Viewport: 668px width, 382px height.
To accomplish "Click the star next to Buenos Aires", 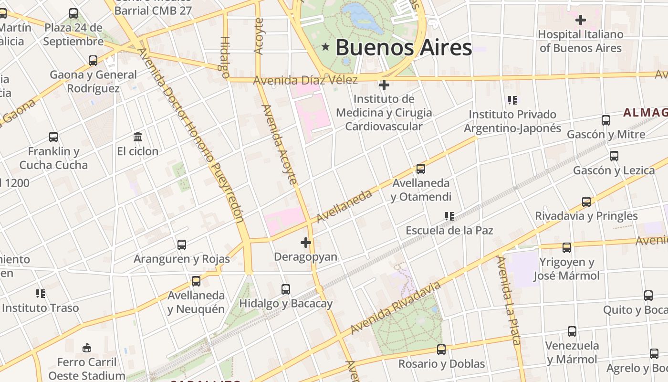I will [326, 47].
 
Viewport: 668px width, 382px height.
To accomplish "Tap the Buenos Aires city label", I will [404, 47].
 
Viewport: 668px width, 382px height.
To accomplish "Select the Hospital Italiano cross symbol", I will [581, 20].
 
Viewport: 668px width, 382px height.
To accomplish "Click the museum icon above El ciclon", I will [138, 137].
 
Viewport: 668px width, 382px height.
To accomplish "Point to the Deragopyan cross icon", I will [306, 243].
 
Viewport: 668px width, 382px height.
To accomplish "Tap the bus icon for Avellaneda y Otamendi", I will [420, 169].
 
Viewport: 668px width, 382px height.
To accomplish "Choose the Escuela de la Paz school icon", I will [449, 216].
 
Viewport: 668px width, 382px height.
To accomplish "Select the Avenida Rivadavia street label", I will [396, 308].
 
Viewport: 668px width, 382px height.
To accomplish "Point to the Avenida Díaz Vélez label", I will [305, 80].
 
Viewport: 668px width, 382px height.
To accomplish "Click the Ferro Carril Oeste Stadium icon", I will [86, 348].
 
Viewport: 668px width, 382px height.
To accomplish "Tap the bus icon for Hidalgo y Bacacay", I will [285, 289].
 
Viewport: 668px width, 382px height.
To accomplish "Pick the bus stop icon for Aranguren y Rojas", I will [181, 245].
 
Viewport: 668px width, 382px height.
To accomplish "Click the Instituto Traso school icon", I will [41, 294].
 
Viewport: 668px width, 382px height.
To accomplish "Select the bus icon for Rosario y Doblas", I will [441, 350].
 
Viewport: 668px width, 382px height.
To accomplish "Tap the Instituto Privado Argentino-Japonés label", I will [512, 121].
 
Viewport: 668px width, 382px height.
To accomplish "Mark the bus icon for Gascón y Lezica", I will [614, 156].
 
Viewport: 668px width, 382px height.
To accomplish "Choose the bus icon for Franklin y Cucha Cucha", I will [53, 138].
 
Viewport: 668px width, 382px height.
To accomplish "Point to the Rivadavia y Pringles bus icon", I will [586, 202].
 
